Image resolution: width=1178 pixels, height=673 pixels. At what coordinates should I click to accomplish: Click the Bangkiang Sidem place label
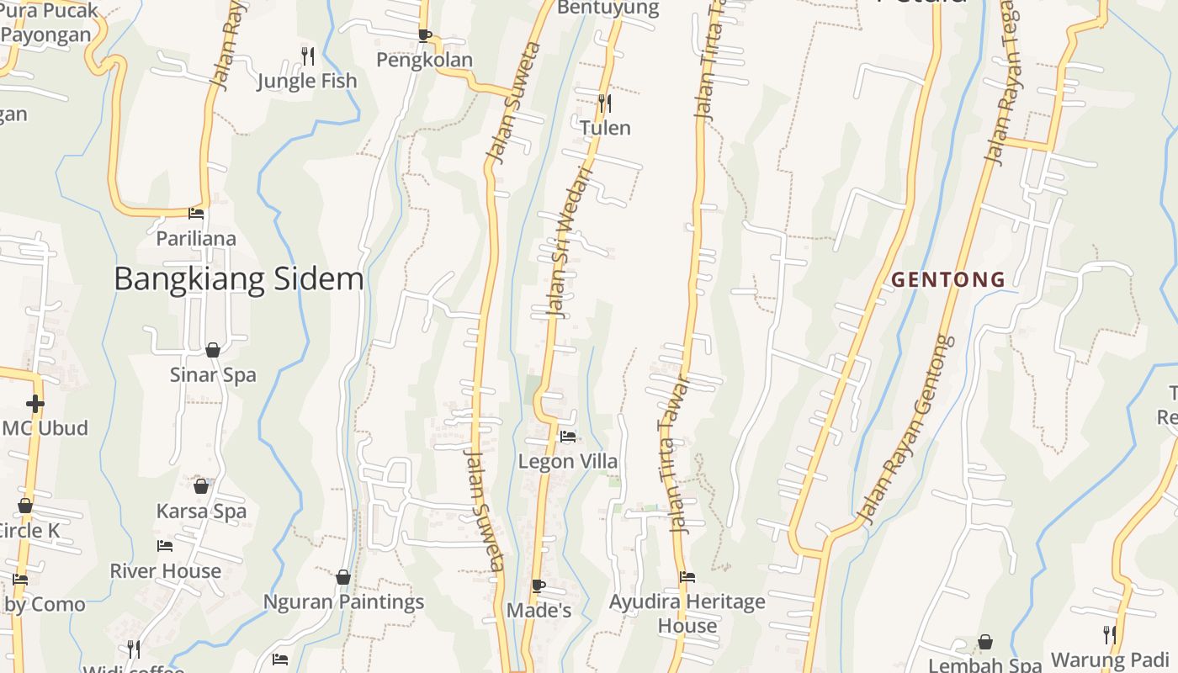tap(238, 278)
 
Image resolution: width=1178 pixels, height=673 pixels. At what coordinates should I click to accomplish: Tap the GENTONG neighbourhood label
tap(948, 279)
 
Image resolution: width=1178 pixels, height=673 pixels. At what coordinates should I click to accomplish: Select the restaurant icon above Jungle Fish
tap(308, 56)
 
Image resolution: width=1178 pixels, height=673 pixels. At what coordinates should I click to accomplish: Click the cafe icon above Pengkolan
tap(424, 35)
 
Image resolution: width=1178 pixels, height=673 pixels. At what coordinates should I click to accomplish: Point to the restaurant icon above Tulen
tap(604, 103)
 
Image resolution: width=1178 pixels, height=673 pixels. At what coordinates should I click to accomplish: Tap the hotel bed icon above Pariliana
tap(196, 214)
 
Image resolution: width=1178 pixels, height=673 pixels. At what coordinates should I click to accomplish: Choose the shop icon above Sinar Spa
tap(213, 350)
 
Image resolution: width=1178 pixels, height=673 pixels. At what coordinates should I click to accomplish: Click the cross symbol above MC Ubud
tap(34, 404)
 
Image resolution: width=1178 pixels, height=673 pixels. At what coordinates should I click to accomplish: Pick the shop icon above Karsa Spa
tap(201, 486)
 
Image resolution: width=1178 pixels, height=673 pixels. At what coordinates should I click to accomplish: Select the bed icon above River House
tap(165, 546)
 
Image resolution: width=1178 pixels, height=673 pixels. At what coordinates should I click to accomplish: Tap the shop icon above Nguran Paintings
tap(342, 577)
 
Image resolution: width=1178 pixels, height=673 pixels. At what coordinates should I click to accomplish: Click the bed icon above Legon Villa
tap(568, 437)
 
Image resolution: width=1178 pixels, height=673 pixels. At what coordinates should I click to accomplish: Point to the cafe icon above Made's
tap(539, 586)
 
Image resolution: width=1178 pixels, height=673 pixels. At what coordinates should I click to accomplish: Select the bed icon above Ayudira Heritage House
tap(687, 577)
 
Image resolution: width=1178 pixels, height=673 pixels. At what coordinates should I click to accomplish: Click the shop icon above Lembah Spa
tap(984, 642)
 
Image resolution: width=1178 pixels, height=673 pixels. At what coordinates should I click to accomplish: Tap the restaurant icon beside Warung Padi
tap(1110, 634)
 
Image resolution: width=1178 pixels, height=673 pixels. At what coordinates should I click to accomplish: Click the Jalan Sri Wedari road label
tap(570, 244)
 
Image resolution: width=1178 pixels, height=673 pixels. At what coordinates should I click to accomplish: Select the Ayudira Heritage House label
tap(687, 613)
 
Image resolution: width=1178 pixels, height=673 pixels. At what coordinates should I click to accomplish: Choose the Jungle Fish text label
tap(307, 81)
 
